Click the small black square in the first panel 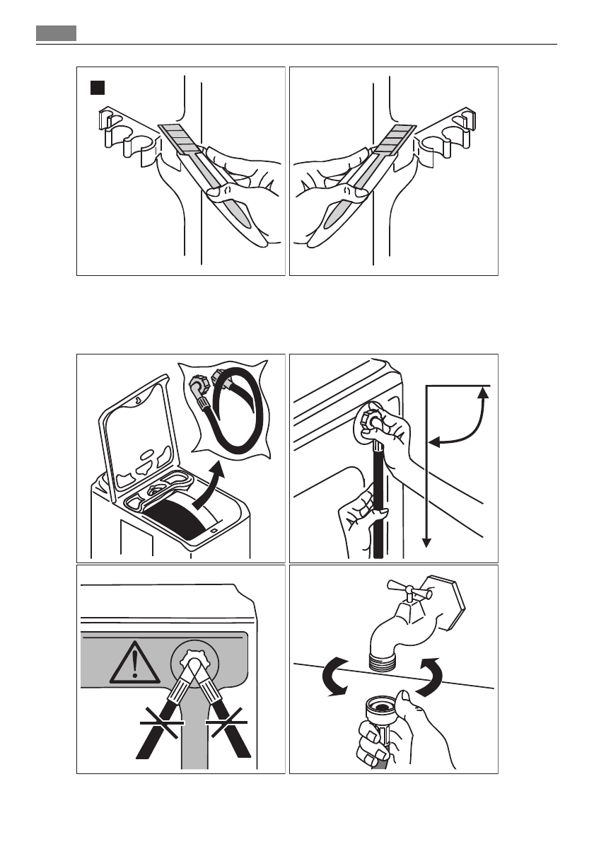(97, 88)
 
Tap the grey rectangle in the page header (56, 33)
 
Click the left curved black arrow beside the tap (332, 676)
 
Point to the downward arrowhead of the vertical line (426, 543)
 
